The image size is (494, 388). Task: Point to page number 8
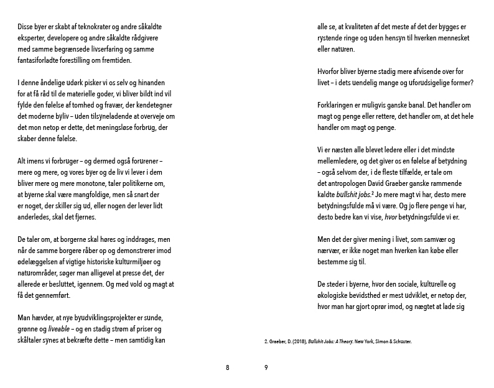[228, 367]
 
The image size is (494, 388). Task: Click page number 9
[266, 367]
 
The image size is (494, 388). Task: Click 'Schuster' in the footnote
[400, 341]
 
